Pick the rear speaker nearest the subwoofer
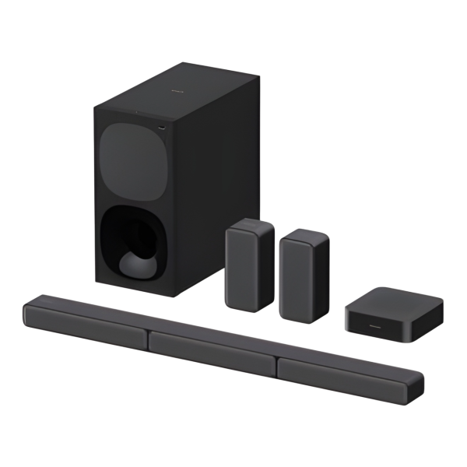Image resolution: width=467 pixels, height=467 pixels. coord(250,268)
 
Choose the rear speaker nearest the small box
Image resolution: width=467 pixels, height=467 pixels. coord(304,276)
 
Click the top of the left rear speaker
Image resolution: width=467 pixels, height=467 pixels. coord(251,225)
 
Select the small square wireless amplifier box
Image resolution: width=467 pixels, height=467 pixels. coord(394,311)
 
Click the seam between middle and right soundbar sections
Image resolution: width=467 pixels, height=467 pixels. coord(276,360)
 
